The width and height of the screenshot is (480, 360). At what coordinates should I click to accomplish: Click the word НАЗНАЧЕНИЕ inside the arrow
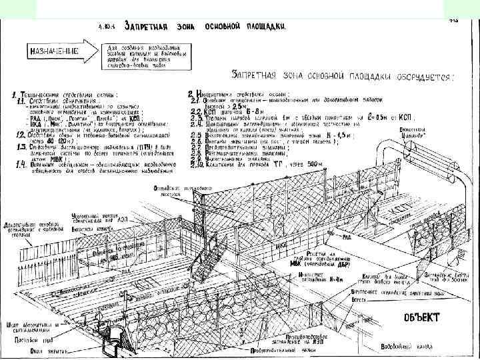pyautogui.click(x=53, y=50)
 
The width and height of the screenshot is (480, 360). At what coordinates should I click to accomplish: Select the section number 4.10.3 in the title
pyautogui.click(x=106, y=27)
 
